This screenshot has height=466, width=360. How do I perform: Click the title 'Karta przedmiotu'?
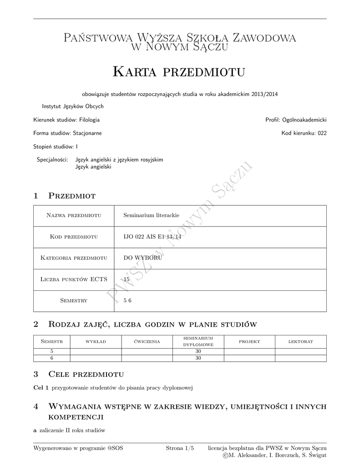pos(179,71)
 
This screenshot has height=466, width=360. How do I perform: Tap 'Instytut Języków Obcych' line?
pos(73,106)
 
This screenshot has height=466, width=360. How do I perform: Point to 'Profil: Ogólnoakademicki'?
pos(296,120)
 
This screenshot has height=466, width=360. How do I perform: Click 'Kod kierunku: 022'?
pos(304,133)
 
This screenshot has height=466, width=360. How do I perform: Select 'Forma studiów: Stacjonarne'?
pos(67,133)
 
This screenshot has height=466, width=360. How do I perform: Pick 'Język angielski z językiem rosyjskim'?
pos(119,160)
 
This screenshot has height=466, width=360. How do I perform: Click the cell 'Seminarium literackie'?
pos(151,215)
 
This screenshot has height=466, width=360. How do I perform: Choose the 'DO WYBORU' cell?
pos(143,258)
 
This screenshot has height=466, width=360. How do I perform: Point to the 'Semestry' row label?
pos(74,300)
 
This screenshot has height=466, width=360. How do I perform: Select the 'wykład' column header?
pos(96,342)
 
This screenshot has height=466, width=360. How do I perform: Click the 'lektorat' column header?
pos(300,342)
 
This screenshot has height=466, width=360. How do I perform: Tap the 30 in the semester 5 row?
pos(198,351)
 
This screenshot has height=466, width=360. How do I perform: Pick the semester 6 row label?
pos(51,358)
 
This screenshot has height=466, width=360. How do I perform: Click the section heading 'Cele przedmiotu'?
pos(86,375)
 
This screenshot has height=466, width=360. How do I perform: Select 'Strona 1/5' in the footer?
pos(180,448)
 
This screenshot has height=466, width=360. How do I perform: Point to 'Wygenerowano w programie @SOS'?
pos(78,448)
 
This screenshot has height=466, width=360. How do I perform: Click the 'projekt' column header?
pos(249,342)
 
